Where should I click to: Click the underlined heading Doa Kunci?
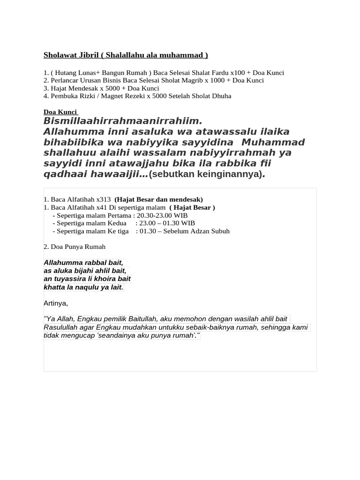60,112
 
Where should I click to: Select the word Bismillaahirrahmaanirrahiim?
119,121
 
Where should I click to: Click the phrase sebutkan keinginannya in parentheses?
205,175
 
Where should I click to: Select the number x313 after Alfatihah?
103,199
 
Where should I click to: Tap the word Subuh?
219,231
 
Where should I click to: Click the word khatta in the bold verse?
54,287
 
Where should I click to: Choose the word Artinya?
55,303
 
